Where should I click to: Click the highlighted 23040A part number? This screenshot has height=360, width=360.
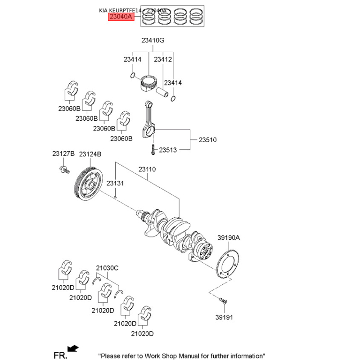click(121, 17)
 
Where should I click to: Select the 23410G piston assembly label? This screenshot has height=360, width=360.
click(153, 40)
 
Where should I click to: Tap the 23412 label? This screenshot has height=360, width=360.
click(163, 59)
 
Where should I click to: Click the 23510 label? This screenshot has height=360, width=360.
click(207, 140)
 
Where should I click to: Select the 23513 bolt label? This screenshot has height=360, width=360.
click(168, 149)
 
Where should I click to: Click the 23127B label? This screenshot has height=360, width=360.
click(63, 154)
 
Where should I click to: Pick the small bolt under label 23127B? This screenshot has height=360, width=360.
click(63, 171)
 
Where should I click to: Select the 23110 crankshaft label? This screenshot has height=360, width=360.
click(147, 169)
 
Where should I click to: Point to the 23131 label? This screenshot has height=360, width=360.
click(115, 183)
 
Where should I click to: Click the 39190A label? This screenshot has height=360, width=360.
click(229, 238)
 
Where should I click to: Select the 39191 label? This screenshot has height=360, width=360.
click(225, 317)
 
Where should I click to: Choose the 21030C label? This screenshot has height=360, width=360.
click(107, 268)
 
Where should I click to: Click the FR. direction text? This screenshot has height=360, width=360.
click(60, 355)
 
